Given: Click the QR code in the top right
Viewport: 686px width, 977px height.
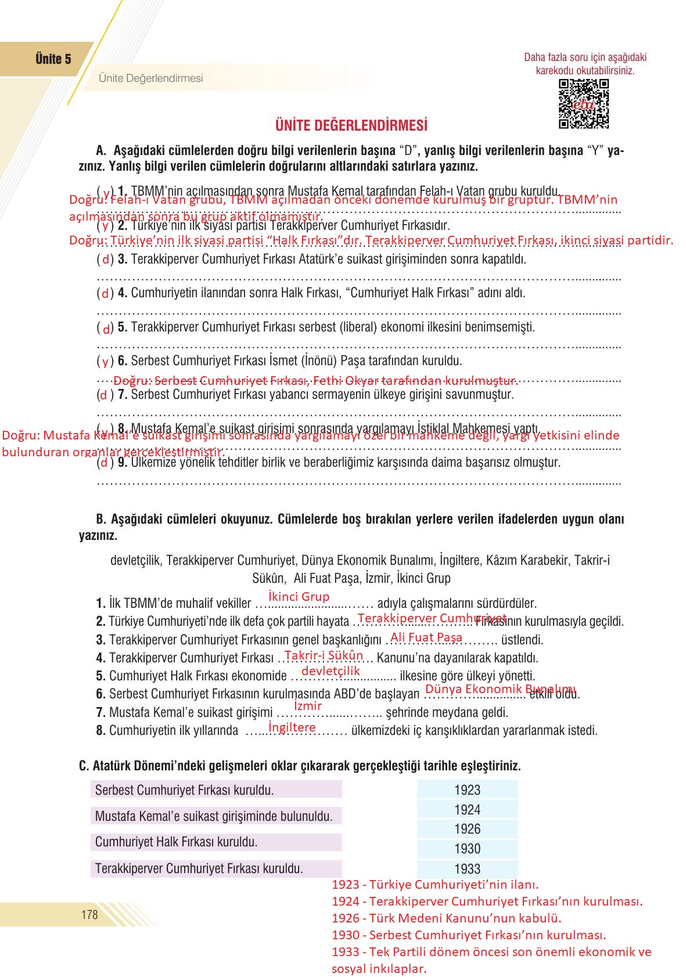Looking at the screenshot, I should coord(583,104).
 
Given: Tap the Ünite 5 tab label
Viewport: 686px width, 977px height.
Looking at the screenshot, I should coord(53,59).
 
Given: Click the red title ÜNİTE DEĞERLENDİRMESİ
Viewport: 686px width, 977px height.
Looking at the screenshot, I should coord(351,125).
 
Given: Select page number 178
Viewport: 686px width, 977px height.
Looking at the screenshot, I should coord(89,915).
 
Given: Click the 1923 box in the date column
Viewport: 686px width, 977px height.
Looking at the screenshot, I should coord(467,790).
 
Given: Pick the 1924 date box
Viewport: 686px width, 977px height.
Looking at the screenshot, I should coord(467,810).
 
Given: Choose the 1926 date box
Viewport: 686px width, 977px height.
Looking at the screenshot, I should coord(467,829).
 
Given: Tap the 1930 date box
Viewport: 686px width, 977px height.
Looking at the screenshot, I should coord(467,849).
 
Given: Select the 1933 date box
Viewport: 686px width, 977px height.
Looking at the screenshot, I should coord(467,869).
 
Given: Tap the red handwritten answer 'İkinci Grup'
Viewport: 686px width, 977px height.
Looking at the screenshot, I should coord(299,597).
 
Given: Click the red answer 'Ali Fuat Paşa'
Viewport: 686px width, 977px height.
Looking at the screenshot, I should coord(426,637).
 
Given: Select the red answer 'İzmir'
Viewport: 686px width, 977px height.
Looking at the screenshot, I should coord(308,706).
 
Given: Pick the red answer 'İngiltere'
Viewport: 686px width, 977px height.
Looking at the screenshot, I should coord(292,727).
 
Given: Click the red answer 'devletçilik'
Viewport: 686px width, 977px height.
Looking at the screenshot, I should coord(331,671).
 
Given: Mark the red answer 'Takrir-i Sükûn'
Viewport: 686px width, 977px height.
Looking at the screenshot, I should coord(324,655).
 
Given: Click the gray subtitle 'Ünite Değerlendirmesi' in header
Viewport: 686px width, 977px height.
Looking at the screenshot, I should coord(151,78).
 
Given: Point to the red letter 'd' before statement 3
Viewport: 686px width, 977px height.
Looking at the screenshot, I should coord(106,260).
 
